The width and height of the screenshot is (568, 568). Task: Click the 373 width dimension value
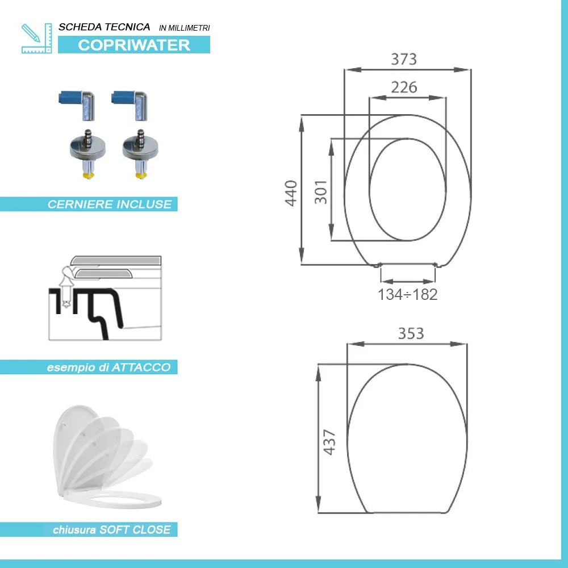click(404, 59)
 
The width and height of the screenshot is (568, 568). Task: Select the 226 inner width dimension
click(404, 87)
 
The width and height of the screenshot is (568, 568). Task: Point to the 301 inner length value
click(321, 193)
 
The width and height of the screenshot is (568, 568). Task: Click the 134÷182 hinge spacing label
click(408, 295)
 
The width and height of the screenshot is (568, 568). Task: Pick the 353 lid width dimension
click(411, 333)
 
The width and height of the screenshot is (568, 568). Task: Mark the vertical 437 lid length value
click(330, 441)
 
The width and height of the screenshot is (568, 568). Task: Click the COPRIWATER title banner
click(134, 45)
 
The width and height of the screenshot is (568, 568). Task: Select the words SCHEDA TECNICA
click(105, 27)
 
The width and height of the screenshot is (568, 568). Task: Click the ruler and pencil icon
click(36, 38)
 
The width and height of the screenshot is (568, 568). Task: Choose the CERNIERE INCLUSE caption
click(109, 204)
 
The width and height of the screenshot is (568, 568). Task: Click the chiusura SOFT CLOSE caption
click(111, 530)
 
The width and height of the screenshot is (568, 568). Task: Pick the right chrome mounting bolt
click(139, 153)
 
